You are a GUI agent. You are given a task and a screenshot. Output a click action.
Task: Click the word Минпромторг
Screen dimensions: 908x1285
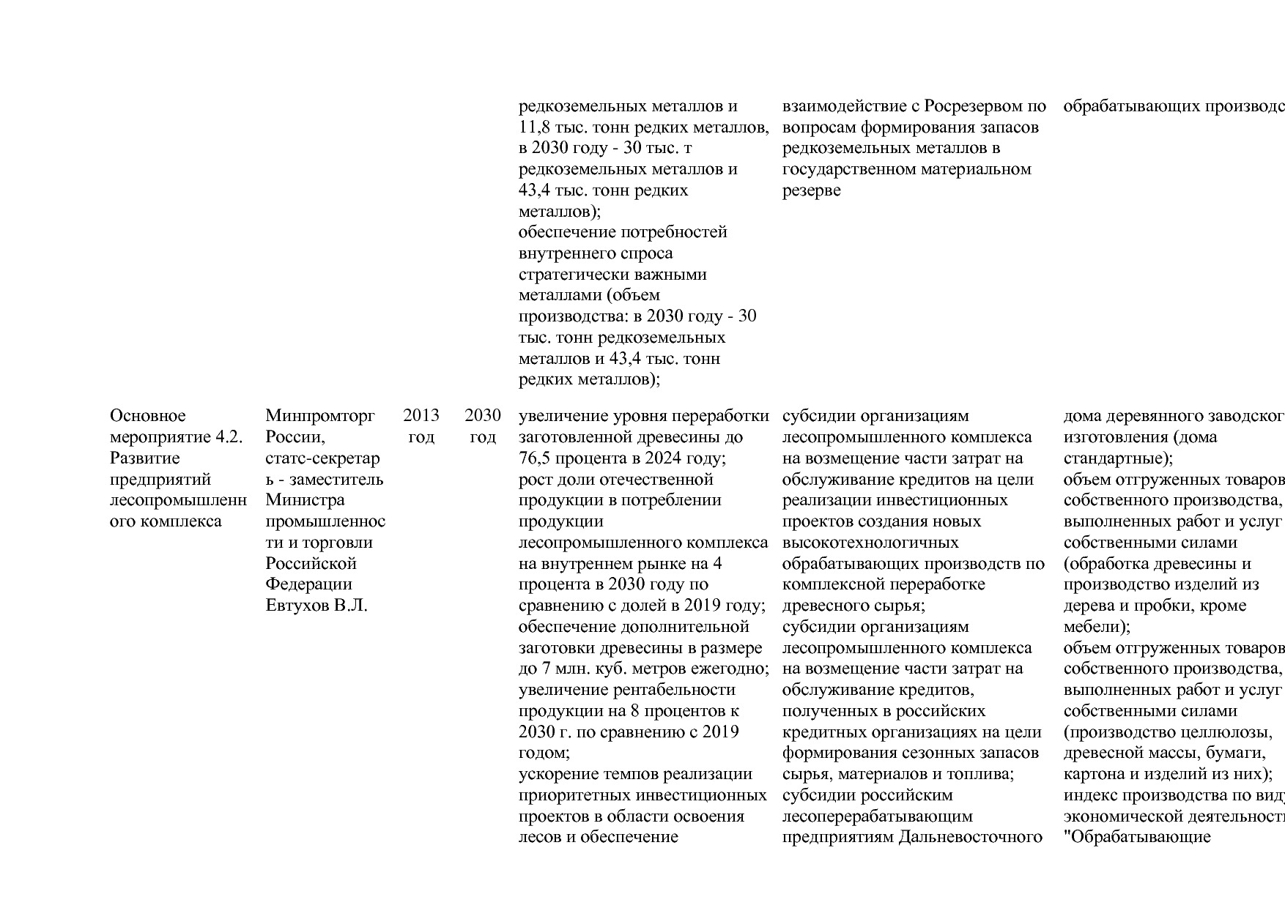pos(319,416)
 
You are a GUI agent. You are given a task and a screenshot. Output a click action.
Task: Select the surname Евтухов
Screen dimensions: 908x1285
pos(297,606)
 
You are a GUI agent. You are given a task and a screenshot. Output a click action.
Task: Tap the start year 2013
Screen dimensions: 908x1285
pos(421,416)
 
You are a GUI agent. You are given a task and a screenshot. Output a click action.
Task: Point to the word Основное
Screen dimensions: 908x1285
pos(147,416)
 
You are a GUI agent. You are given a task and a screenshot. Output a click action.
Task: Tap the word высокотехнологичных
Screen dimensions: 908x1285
pos(870,543)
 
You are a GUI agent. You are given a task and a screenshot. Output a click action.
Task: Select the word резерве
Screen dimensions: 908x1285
pos(811,190)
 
